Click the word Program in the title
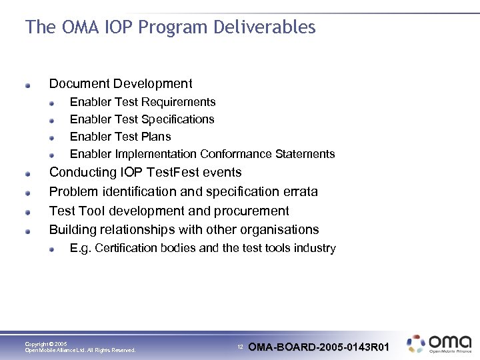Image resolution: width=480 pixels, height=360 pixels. tap(178, 27)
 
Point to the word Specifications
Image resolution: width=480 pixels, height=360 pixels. tap(178, 119)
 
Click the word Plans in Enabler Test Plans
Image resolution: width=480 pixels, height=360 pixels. tap(156, 137)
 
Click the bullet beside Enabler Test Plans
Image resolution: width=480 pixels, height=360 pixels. tap(51, 138)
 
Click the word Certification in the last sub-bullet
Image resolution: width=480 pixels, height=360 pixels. tap(127, 248)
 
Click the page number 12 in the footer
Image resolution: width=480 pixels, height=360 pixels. tap(241, 347)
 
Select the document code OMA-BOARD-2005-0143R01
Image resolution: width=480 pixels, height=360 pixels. tap(319, 347)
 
